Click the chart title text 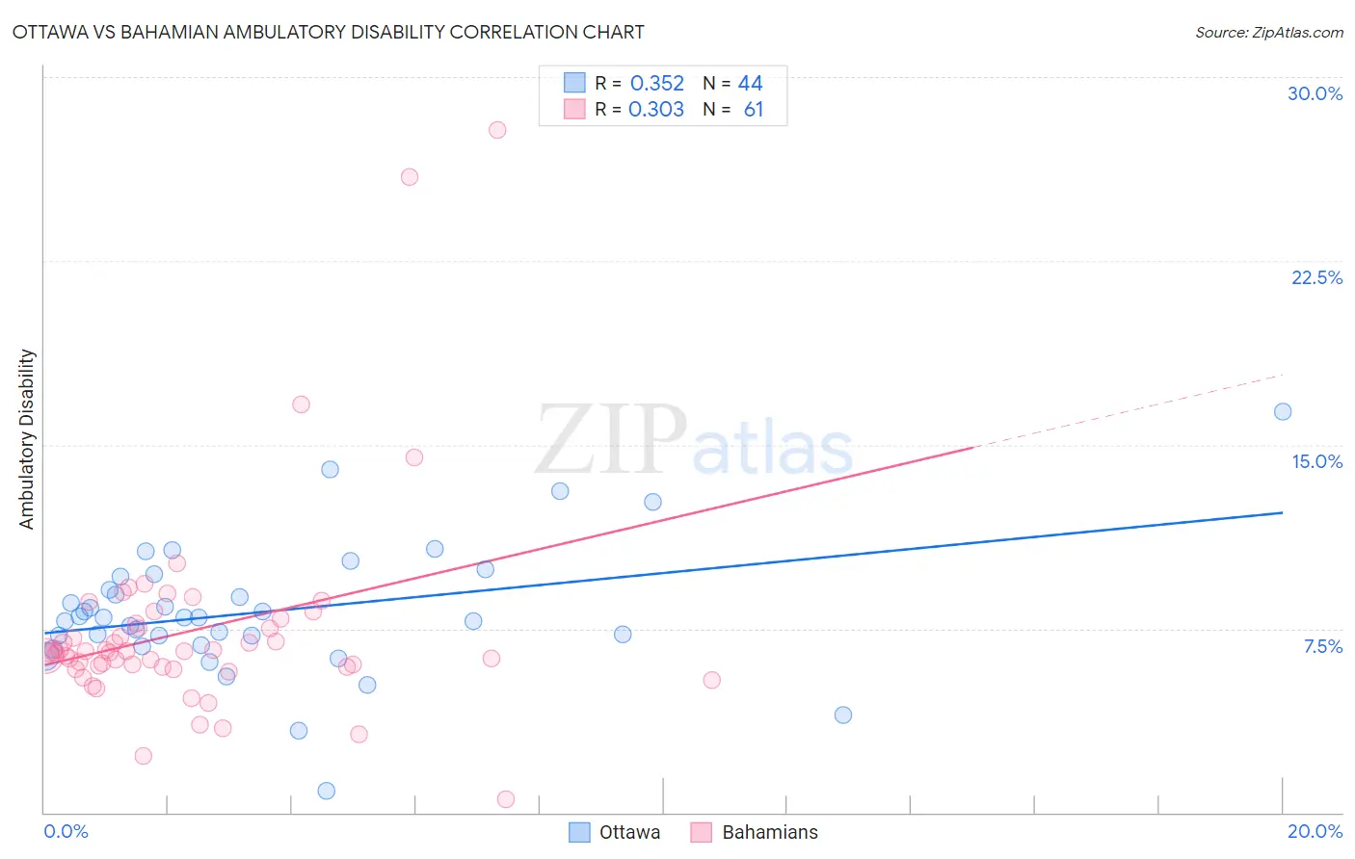pos(328,32)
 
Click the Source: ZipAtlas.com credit pos(1268,32)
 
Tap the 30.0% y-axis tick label pos(1315,93)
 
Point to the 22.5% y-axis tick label pos(1316,277)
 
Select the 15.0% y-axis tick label pos(1316,461)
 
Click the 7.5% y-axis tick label pos(1322,646)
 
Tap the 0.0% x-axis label pos(66,831)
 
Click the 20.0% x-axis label pos(1315,831)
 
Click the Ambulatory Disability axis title pos(27,438)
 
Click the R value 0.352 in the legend pos(656,84)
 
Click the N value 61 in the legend pos(753,110)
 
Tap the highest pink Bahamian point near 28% pos(497,130)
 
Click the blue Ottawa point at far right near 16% pos(1283,412)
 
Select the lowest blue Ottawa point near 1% pos(327,791)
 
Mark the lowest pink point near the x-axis pos(506,799)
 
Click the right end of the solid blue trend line pos(1282,512)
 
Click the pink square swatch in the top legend pos(574,109)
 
